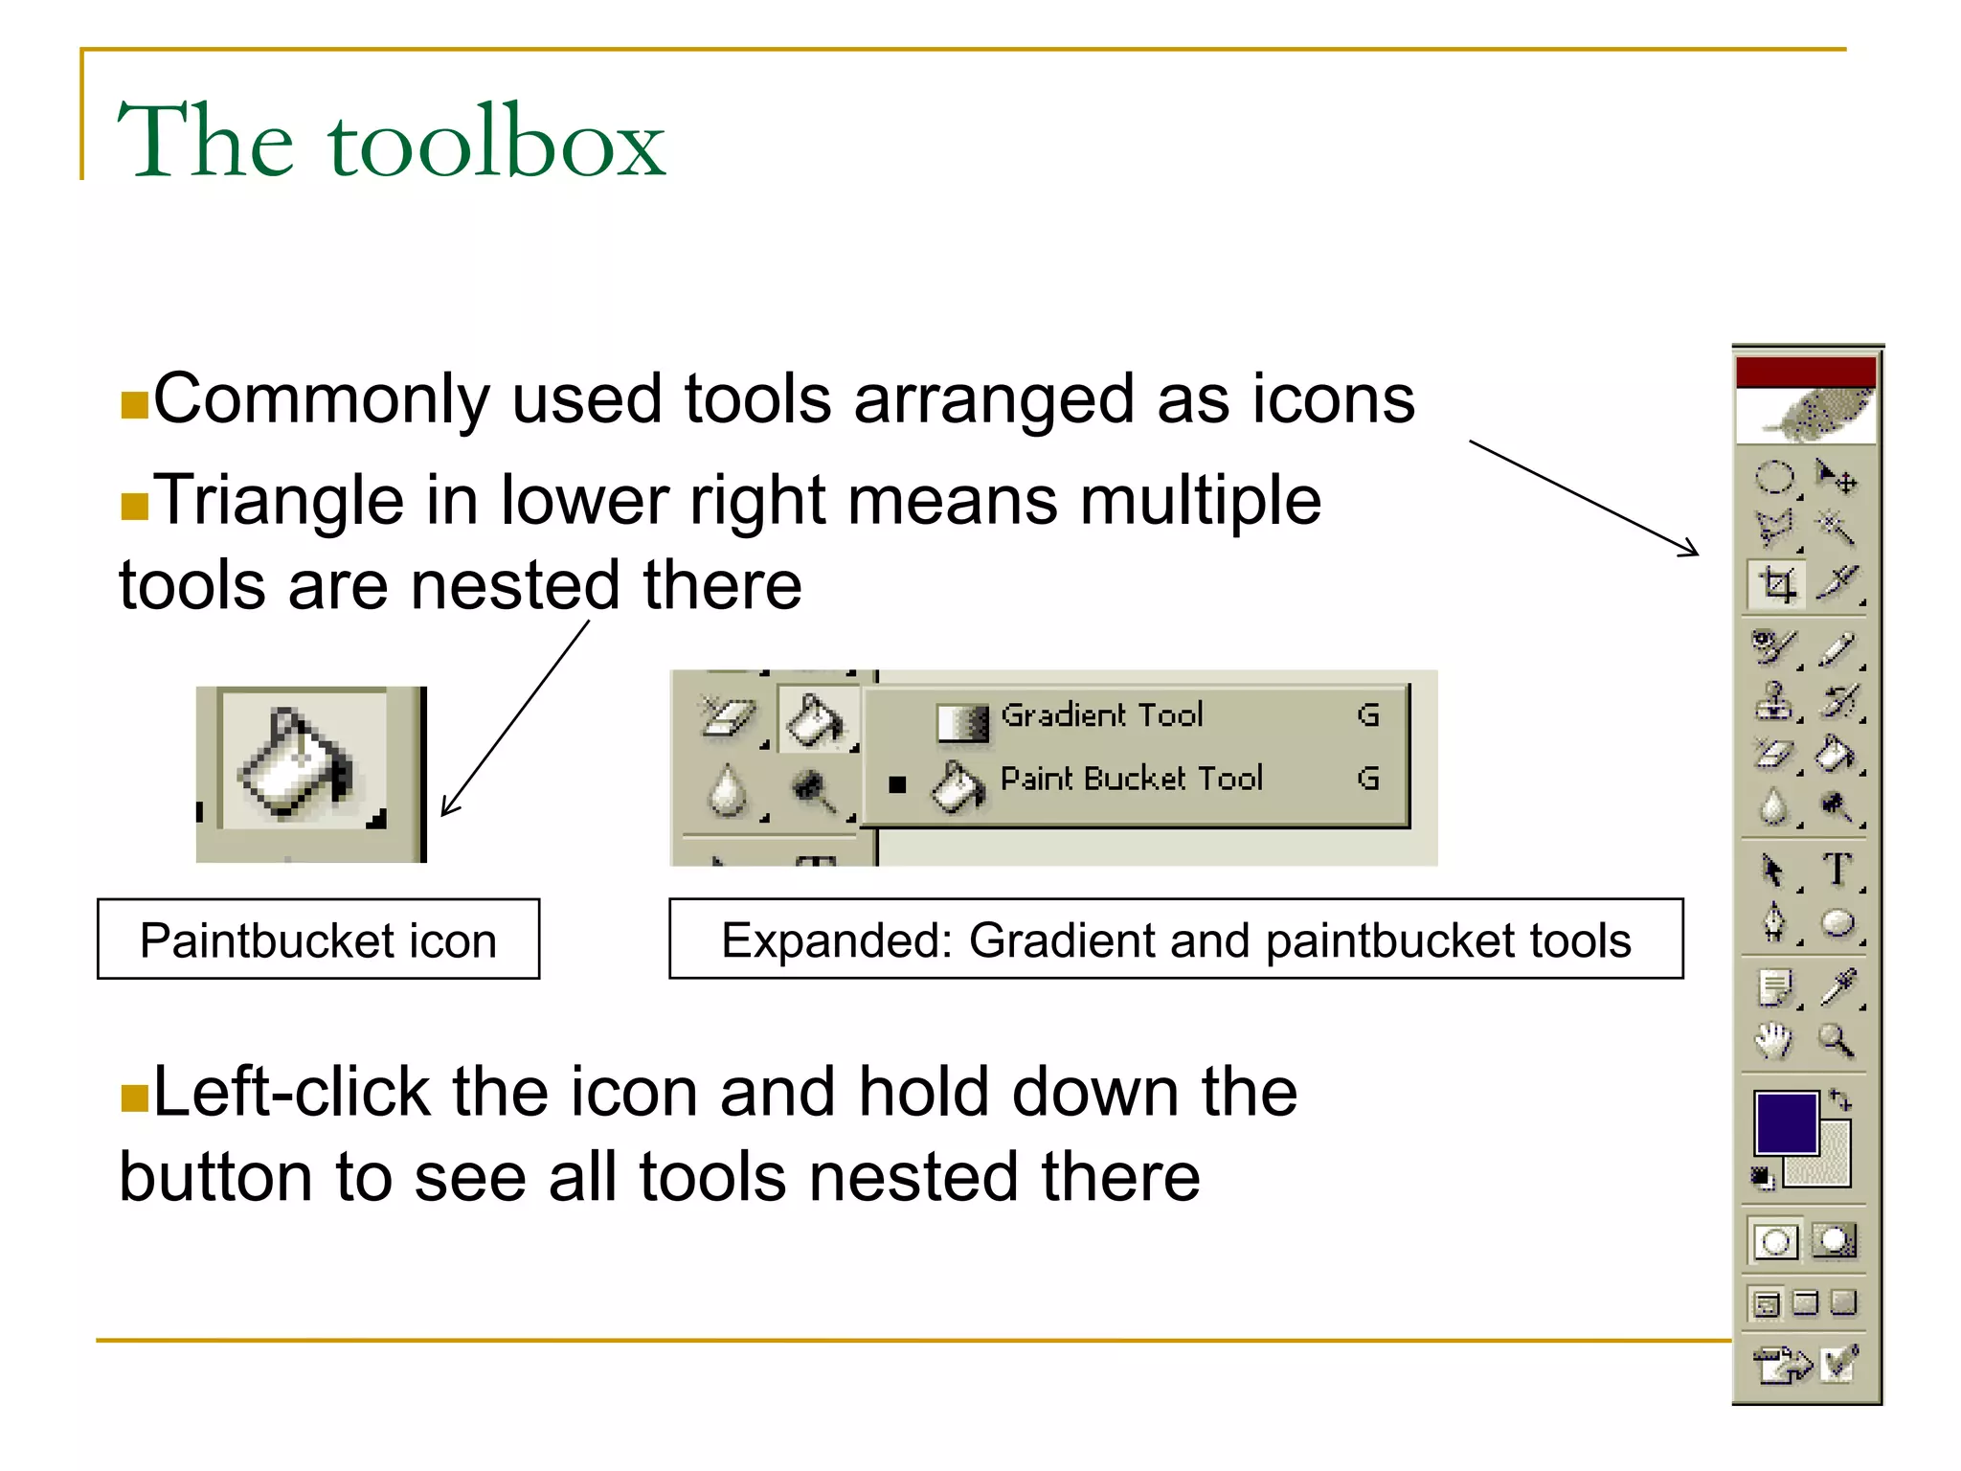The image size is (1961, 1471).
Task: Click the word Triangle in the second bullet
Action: click(279, 501)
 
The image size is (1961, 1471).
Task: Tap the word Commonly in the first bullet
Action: click(321, 399)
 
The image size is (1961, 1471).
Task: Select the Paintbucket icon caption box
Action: click(318, 939)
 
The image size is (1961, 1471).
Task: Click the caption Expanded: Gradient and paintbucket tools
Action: click(1175, 939)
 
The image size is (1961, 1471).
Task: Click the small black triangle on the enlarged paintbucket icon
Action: click(376, 820)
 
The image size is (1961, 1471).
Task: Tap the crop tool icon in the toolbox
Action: click(1777, 583)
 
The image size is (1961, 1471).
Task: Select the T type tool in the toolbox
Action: click(1837, 870)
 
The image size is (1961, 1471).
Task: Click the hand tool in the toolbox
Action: click(1773, 1040)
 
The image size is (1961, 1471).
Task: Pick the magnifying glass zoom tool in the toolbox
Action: click(1837, 1040)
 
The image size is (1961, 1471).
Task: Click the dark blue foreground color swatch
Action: click(1785, 1122)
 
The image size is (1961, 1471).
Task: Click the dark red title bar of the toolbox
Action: click(1805, 372)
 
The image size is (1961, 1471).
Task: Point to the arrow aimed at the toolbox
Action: click(1585, 498)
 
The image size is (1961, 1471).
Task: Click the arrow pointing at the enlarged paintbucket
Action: click(514, 718)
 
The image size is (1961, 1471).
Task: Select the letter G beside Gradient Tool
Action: click(1368, 715)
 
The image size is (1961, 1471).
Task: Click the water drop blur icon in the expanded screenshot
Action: click(728, 791)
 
